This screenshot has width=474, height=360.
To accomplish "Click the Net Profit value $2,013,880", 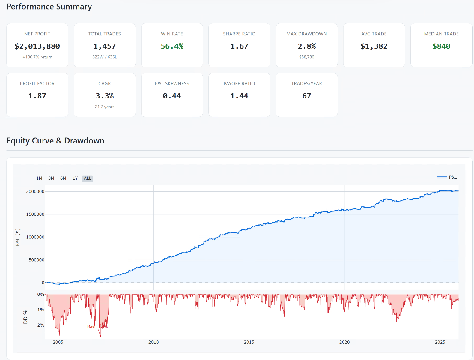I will [x=37, y=46].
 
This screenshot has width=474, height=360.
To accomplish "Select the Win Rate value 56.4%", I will [x=172, y=46].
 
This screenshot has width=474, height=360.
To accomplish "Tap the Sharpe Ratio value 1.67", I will [x=239, y=46].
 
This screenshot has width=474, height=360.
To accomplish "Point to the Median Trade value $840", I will [x=441, y=46].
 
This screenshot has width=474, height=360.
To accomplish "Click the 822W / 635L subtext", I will [x=104, y=57].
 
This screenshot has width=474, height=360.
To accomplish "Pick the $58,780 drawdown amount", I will [x=306, y=57].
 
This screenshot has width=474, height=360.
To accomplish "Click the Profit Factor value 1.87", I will [x=37, y=96].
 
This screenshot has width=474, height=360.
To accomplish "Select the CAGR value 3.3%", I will [x=104, y=96].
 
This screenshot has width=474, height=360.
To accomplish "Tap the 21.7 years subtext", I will [x=104, y=107].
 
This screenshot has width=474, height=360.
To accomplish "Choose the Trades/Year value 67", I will [x=306, y=96].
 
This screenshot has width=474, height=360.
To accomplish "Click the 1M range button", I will [x=39, y=178].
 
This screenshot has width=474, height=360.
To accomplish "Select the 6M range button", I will [x=63, y=178].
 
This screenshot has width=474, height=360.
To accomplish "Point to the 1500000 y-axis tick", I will [x=35, y=214].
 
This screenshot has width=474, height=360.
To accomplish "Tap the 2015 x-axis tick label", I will [x=249, y=342].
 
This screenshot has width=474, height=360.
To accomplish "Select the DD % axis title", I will [x=25, y=317].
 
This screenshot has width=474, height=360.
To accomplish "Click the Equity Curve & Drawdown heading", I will [x=55, y=141].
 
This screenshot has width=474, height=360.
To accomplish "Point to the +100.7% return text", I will [x=37, y=57].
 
